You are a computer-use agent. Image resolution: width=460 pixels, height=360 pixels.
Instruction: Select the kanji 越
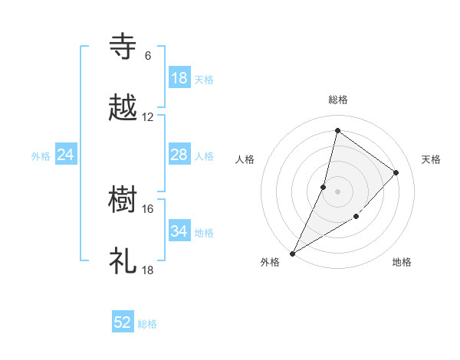click(x=123, y=108)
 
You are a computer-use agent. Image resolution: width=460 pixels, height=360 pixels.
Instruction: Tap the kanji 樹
click(x=123, y=200)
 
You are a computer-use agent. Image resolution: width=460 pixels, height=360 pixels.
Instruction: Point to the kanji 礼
click(x=123, y=261)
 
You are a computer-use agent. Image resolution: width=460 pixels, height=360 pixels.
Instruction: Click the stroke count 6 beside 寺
click(x=147, y=56)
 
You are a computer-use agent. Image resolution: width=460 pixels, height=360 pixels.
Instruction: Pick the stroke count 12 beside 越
click(x=148, y=117)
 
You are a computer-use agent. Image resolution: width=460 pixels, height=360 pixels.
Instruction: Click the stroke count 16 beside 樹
click(x=148, y=208)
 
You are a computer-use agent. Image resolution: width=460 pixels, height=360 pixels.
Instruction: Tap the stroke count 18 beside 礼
click(x=148, y=270)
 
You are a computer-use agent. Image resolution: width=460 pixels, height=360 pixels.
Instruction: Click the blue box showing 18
click(x=179, y=78)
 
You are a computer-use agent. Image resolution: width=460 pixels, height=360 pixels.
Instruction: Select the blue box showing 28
click(x=179, y=155)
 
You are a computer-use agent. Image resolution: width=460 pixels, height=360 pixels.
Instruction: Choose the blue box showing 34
click(x=179, y=231)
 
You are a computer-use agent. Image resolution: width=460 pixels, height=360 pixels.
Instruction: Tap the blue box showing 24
click(x=66, y=155)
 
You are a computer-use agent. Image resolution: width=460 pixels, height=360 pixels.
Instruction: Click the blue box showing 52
click(x=123, y=323)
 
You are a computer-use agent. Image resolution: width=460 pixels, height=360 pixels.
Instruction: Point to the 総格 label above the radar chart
click(x=337, y=100)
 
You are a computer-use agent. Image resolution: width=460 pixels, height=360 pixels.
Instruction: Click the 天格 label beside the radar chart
click(x=431, y=159)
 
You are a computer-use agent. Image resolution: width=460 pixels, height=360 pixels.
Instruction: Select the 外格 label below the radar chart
click(x=270, y=262)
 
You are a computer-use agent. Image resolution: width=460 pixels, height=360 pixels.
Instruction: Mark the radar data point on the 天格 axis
click(x=396, y=172)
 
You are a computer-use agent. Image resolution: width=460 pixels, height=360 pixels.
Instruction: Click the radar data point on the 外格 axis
click(x=292, y=254)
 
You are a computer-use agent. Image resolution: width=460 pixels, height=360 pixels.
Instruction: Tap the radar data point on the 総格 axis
click(x=337, y=130)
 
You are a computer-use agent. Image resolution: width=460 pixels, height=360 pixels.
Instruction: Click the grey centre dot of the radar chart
click(x=337, y=191)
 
